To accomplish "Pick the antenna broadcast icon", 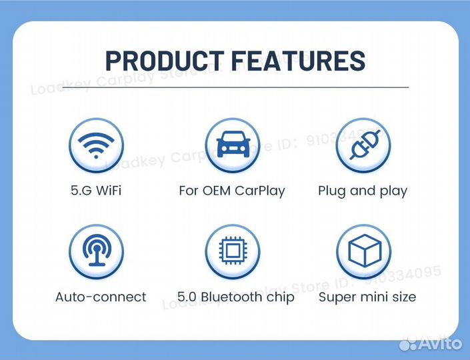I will coord(97,251).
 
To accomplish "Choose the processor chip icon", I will coord(231,251).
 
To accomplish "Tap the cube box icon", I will coord(365,251).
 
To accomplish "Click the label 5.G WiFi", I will coord(97,191).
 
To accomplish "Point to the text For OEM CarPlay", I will coord(231,191).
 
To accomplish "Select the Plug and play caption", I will coord(363,191).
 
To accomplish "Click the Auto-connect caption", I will coord(101,297).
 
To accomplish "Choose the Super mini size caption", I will coord(367,297).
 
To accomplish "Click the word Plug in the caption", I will coord(331,191).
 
